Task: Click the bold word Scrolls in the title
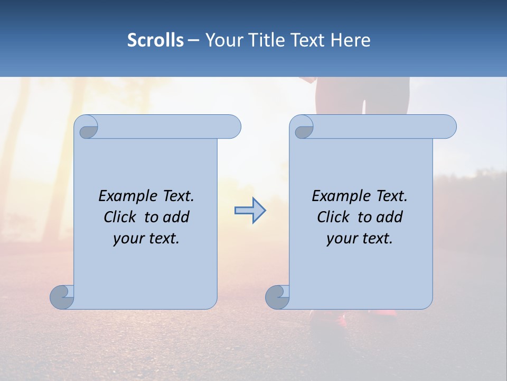coord(155,40)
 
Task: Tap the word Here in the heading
coord(350,40)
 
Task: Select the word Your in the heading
coord(223,40)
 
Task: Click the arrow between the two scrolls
coord(250,211)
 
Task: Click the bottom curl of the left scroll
coord(62,297)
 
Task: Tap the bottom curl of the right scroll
coord(277,297)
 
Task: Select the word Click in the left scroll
coord(119,217)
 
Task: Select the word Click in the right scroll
coord(333,217)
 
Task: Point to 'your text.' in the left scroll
coord(146,238)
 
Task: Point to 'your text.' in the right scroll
coord(360,238)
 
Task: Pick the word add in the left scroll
coord(177,217)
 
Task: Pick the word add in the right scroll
coord(390,217)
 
